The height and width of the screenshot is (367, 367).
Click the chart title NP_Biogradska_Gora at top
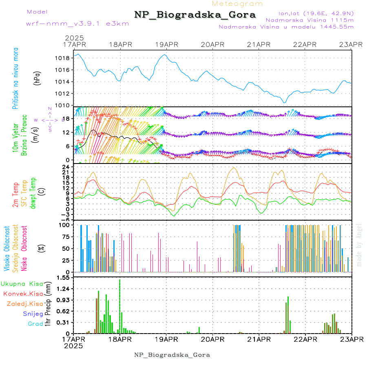click(195, 15)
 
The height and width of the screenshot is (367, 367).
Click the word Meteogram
click(237, 4)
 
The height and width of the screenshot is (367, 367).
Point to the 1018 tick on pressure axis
click(62, 58)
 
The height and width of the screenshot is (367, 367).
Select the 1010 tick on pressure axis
click(62, 105)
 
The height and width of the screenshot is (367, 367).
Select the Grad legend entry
click(35, 324)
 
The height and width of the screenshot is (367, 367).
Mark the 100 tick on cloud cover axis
click(64, 225)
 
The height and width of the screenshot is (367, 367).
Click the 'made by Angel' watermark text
click(359, 245)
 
